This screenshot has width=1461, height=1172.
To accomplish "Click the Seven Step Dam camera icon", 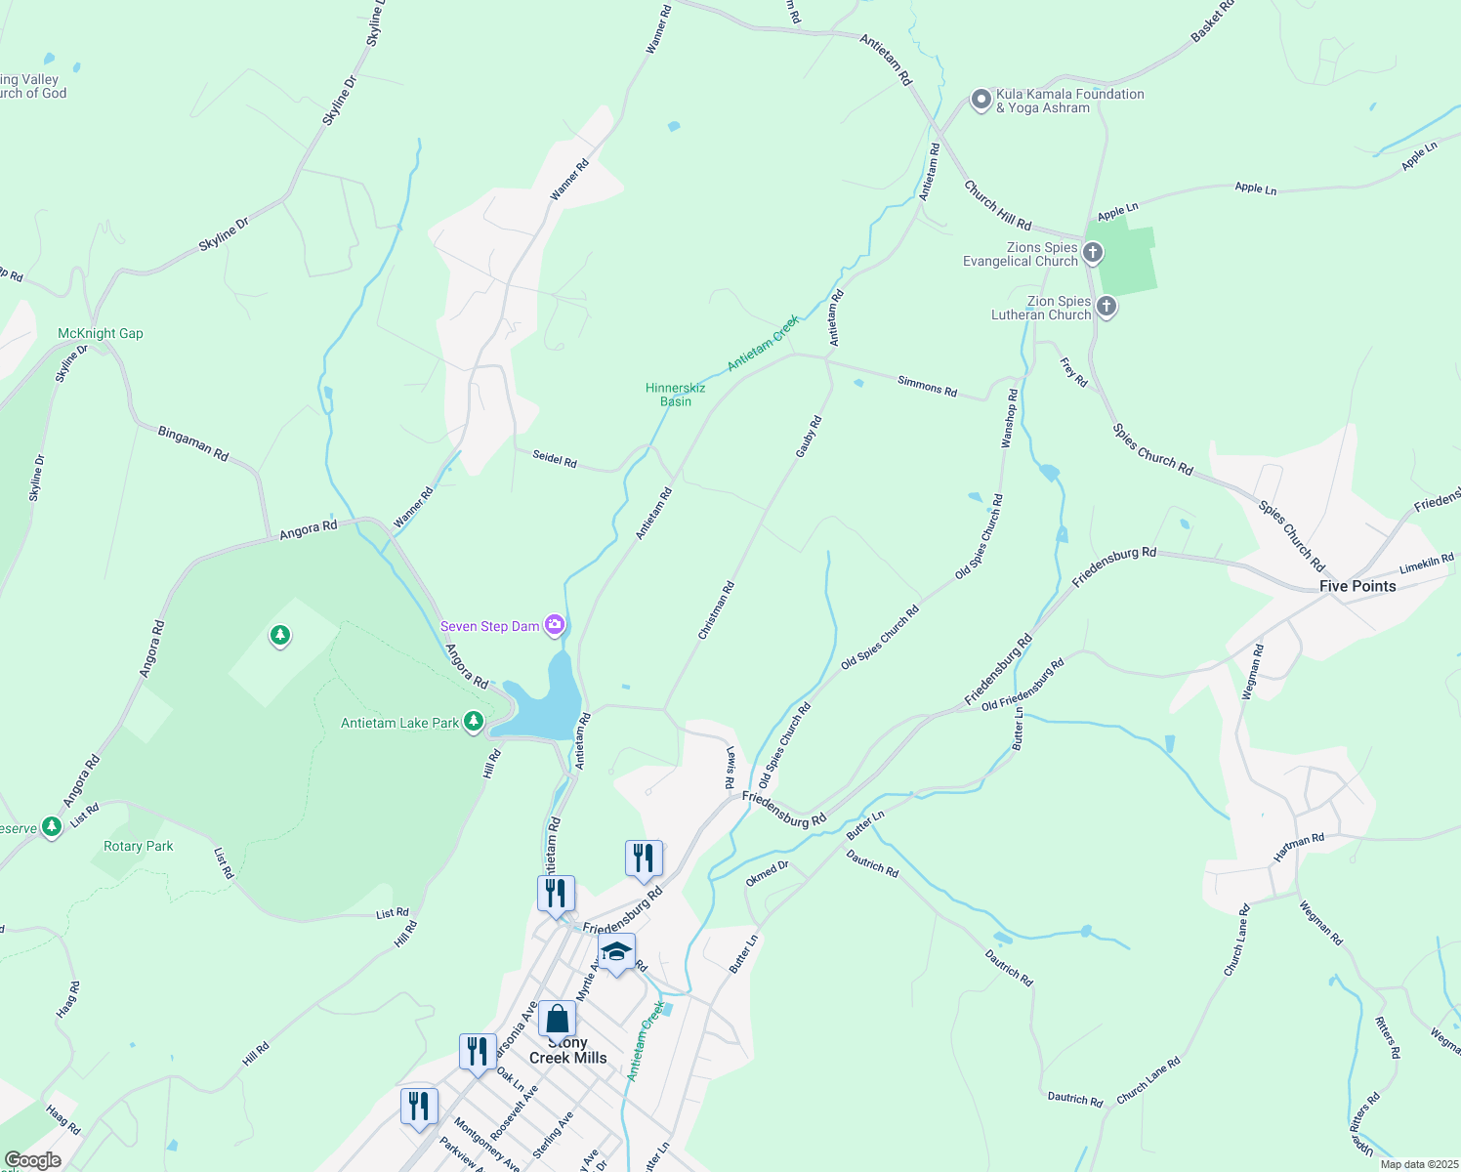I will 555,625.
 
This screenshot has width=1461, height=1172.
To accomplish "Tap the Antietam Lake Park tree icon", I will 474,722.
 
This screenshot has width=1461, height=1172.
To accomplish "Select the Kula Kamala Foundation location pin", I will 981,100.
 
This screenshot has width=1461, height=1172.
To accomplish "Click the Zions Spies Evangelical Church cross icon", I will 1093,253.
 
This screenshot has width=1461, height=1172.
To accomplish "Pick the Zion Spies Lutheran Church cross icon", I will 1106,307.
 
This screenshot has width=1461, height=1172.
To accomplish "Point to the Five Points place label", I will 1357,586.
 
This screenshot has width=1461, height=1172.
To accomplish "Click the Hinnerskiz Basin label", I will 675,395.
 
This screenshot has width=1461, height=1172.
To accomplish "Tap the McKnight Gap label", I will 101,333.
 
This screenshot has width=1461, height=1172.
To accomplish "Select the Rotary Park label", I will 139,846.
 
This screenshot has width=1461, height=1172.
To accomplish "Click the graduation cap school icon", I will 616,951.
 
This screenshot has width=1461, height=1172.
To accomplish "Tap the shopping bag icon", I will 557,1020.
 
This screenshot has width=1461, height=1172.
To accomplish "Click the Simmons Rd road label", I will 927,387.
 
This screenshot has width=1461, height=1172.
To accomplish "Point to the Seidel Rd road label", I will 555,458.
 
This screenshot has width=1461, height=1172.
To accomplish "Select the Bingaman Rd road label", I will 193,443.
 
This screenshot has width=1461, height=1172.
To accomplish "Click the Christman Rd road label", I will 716,611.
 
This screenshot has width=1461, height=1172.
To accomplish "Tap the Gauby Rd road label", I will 809,437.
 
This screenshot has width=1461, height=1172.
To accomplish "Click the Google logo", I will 32,1160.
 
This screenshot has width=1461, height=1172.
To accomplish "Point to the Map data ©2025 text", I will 1419,1164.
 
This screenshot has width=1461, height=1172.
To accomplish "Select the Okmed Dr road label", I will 767,873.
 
